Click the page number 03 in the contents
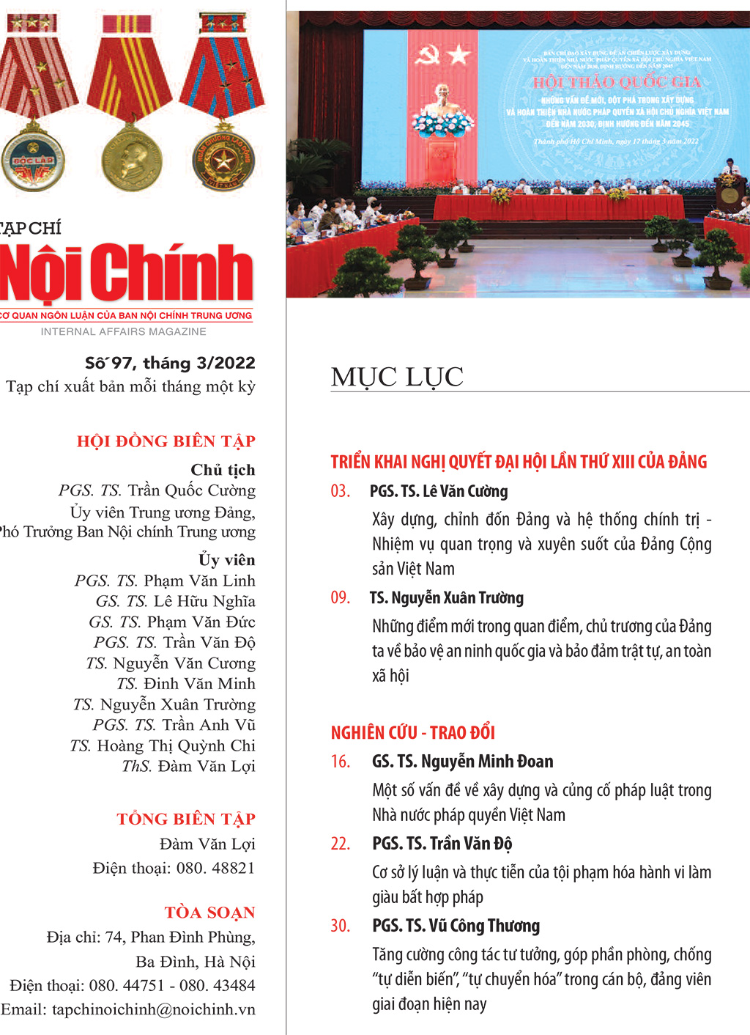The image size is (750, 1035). [341, 491]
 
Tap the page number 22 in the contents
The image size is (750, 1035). [341, 844]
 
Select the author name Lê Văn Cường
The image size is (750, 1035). [465, 491]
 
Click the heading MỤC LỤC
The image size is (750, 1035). [397, 377]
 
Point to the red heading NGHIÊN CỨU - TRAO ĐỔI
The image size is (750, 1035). [413, 732]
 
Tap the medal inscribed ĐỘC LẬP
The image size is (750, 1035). [32, 159]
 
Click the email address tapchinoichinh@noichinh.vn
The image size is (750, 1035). [154, 1009]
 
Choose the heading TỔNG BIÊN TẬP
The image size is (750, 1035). [186, 819]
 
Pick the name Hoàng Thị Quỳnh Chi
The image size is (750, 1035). [176, 745]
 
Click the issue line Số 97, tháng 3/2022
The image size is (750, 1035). [170, 363]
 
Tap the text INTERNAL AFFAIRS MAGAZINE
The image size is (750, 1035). [124, 332]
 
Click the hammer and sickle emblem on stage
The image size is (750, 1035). [427, 54]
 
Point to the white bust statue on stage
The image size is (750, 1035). [442, 98]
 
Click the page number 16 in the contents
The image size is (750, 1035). [341, 762]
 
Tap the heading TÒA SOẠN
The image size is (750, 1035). [209, 913]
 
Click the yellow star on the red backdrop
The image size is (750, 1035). [458, 54]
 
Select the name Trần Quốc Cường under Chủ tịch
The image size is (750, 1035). [192, 490]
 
